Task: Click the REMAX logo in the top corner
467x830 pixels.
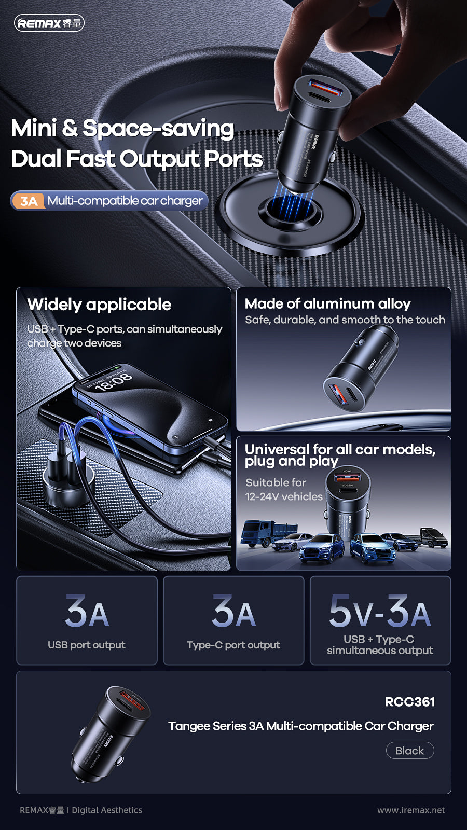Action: [x=49, y=23]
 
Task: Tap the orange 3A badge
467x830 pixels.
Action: [x=29, y=201]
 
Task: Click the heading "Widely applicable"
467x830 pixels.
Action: [x=99, y=305]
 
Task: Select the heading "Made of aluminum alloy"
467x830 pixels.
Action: [x=327, y=303]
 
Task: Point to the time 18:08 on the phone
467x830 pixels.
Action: [x=114, y=382]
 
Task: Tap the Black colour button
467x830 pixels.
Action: [x=409, y=751]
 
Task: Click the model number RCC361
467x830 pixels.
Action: [x=409, y=702]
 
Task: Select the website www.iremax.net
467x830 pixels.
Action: [x=410, y=810]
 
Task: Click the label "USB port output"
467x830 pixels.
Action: [x=87, y=645]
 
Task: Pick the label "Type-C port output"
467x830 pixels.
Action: [x=233, y=645]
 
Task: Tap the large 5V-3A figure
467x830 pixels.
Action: [x=380, y=612]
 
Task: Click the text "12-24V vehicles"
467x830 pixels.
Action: [x=284, y=496]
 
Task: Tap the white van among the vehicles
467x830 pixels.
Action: [x=433, y=537]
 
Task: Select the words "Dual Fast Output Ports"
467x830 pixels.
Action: [x=136, y=159]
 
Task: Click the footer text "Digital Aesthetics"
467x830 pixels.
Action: [x=107, y=810]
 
